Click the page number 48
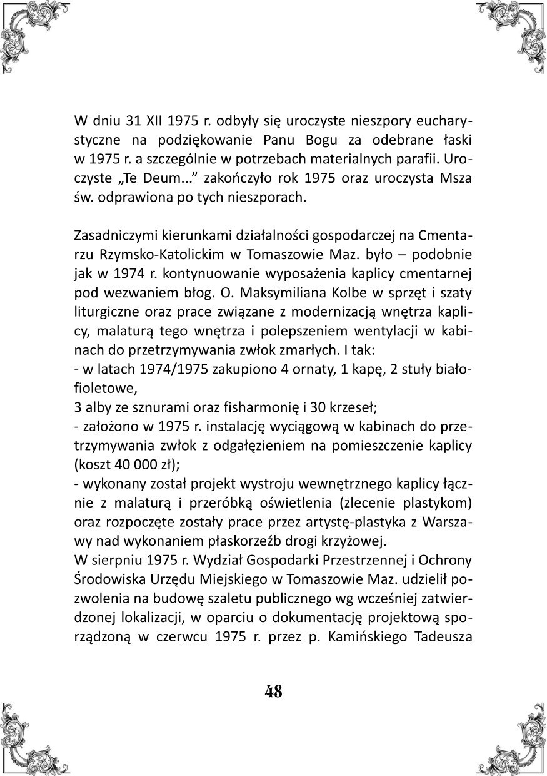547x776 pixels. [273, 692]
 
